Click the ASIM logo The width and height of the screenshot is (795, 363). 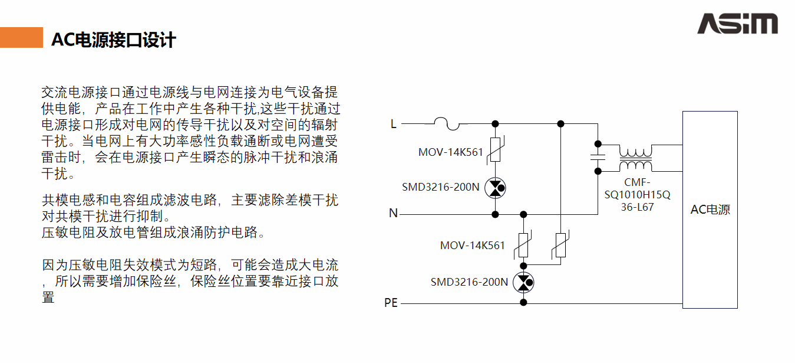[x=737, y=24]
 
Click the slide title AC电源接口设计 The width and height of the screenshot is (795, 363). [x=114, y=40]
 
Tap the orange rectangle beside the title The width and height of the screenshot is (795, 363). [x=21, y=37]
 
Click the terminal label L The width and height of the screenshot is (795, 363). [x=394, y=124]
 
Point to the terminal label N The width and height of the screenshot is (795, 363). [x=393, y=213]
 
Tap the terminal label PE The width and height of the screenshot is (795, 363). [x=391, y=303]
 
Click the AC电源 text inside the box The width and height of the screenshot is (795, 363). [x=710, y=210]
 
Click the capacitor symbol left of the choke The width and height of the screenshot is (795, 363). [x=598, y=157]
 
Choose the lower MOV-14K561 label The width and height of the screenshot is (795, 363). [x=472, y=245]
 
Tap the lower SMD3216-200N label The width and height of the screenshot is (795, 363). [x=469, y=282]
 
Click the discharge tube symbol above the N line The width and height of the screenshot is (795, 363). [x=496, y=188]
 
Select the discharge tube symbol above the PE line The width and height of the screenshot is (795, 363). [x=523, y=283]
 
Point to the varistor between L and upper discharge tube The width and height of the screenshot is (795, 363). [x=496, y=152]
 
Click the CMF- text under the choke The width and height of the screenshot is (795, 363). [x=637, y=182]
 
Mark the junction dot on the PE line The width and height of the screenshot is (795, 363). [x=523, y=303]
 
